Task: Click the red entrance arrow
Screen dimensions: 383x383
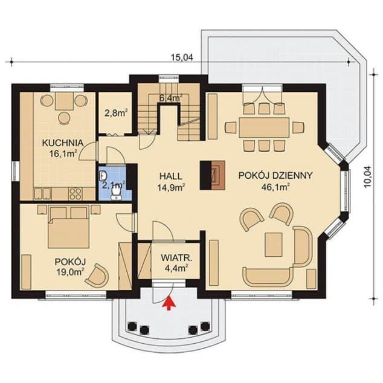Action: (169, 303)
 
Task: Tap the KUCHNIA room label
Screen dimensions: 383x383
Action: (63, 143)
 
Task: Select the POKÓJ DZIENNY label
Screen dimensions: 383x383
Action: (275, 175)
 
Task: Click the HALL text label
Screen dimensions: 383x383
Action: (171, 176)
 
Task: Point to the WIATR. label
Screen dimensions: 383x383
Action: (176, 258)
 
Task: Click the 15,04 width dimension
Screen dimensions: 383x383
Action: (182, 57)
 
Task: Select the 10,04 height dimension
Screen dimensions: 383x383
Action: (367, 177)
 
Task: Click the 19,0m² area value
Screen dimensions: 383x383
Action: (70, 272)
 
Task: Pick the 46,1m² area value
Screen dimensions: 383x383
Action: (275, 187)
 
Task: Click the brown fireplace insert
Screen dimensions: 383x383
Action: (218, 175)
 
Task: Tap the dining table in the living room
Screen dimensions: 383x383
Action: (264, 127)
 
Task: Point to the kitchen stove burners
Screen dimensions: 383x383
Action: (75, 194)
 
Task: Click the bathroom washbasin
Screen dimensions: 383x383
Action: (103, 175)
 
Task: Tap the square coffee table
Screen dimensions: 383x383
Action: (274, 245)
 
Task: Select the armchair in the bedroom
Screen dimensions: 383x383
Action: (97, 275)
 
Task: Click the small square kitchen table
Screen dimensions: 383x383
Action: (65, 101)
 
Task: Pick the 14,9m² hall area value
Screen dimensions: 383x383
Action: (171, 187)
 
